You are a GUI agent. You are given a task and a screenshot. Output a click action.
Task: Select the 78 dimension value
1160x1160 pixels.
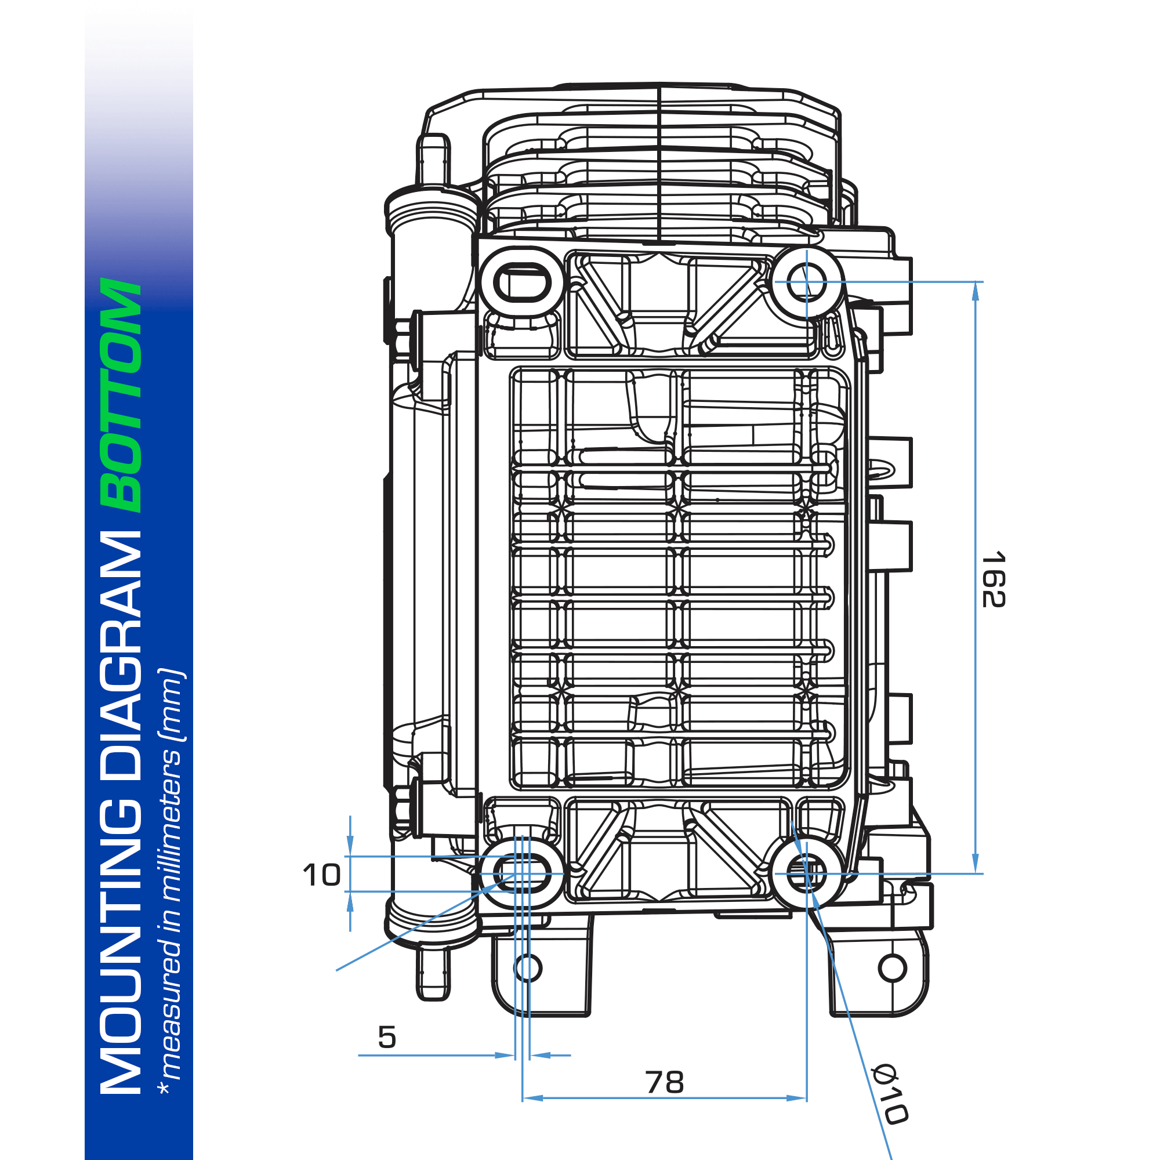[x=665, y=1082]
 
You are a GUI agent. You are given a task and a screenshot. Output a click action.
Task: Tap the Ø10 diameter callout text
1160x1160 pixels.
[x=890, y=1094]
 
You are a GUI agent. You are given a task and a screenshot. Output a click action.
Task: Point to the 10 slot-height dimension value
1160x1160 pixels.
[x=322, y=875]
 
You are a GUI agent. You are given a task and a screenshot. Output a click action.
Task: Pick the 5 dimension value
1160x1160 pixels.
[x=387, y=1037]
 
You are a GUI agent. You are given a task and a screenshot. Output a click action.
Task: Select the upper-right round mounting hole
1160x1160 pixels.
[x=806, y=282]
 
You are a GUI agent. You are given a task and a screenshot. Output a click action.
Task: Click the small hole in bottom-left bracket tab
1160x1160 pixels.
[x=528, y=968]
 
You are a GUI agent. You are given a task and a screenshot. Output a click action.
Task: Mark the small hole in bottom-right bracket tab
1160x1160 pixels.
[x=892, y=968]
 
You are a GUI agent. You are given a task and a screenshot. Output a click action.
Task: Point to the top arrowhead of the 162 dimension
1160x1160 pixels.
[x=975, y=291]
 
